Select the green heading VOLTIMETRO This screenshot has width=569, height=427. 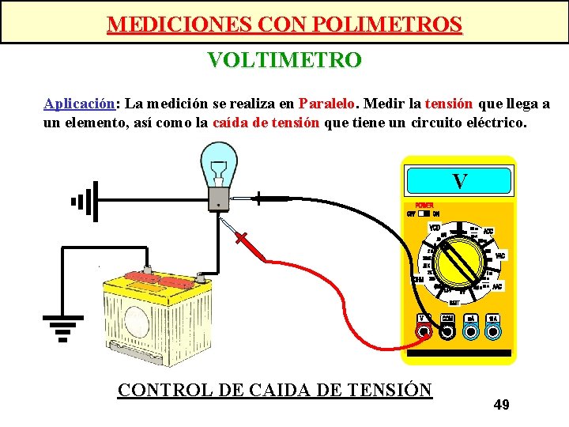tap(284, 60)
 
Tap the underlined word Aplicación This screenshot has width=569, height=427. tap(79, 104)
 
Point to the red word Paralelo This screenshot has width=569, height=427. tap(327, 104)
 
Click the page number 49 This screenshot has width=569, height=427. tap(501, 405)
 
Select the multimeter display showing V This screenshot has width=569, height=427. tap(459, 182)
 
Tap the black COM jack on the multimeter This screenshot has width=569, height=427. tap(447, 333)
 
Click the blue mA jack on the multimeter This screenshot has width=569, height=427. tap(470, 333)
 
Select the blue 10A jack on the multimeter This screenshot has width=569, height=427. tap(493, 333)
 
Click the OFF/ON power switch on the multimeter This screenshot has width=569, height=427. tap(427, 213)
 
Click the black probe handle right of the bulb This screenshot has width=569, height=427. tap(273, 198)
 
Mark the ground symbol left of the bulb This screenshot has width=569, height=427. tap(84, 201)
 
